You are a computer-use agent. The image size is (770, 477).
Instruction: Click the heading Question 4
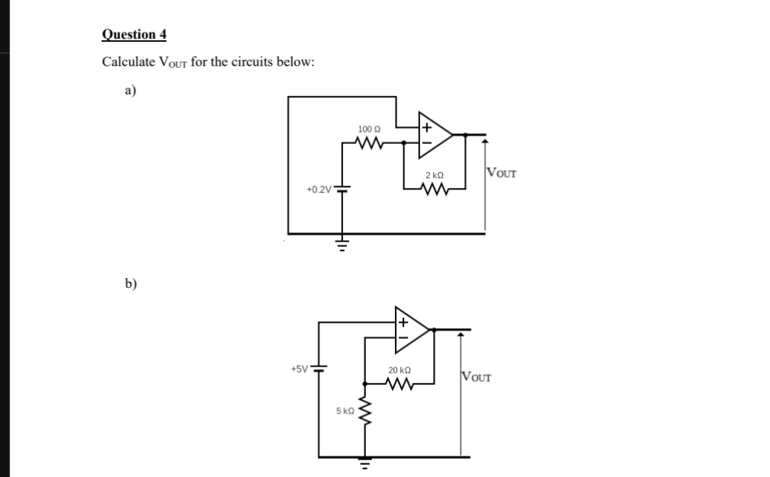click(x=134, y=35)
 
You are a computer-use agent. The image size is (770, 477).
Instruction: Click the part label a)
click(x=130, y=90)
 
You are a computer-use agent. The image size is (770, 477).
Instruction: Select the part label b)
click(x=130, y=284)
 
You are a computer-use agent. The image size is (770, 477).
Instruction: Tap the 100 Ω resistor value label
click(x=368, y=130)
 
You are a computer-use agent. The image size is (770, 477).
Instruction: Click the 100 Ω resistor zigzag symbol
click(x=370, y=142)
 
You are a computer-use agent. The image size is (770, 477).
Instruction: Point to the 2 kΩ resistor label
click(x=435, y=176)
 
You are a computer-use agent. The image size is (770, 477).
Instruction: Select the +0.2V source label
click(x=319, y=189)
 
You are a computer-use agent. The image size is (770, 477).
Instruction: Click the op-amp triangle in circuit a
click(x=435, y=134)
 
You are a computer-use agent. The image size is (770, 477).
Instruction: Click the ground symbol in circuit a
click(x=342, y=245)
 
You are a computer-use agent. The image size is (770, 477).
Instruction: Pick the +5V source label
click(x=299, y=370)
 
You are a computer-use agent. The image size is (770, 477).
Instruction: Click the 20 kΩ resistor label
click(x=399, y=370)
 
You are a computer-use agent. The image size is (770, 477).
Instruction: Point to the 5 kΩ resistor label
click(x=345, y=411)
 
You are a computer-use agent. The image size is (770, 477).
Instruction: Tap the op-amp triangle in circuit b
click(x=412, y=329)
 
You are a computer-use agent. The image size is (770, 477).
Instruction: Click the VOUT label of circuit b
click(x=477, y=376)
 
